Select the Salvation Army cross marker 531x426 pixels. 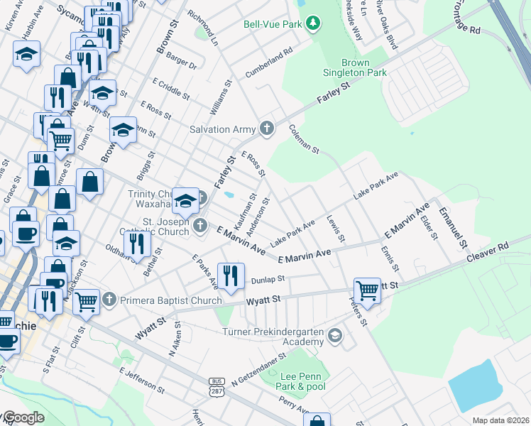coord(267,129)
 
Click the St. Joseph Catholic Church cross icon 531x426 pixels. coord(200,226)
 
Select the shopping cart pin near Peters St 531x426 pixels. coord(367,289)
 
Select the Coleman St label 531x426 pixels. coord(305,139)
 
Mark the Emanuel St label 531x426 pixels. coord(453,228)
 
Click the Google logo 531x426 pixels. coord(23,417)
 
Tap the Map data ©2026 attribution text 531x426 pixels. coord(500,420)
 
